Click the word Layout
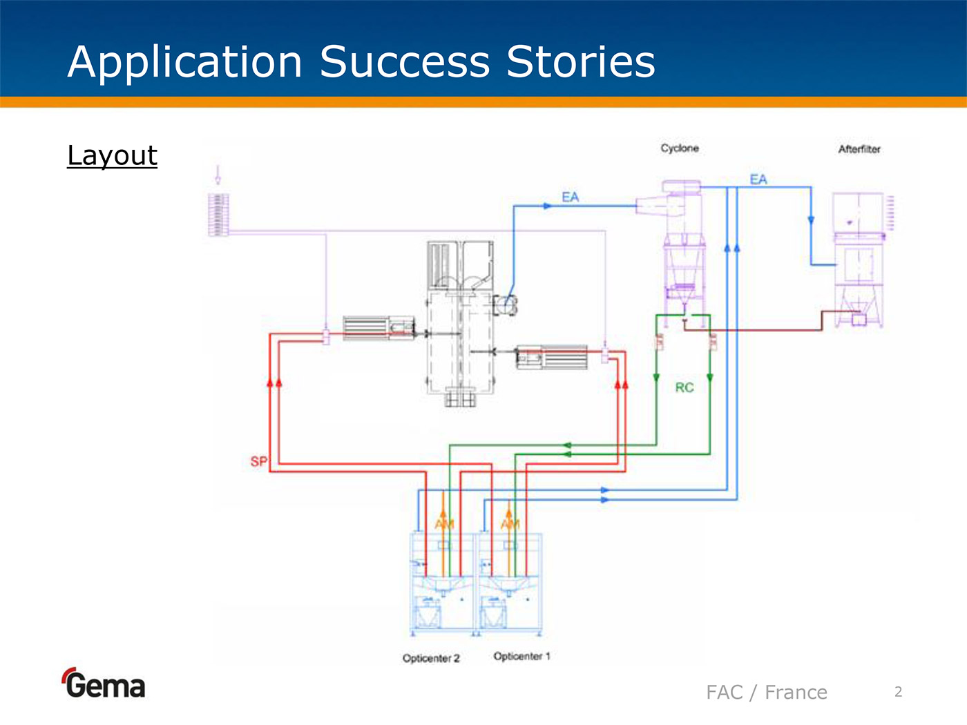click(112, 155)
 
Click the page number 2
click(898, 692)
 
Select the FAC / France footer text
click(766, 692)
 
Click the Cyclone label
click(680, 148)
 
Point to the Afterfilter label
click(859, 149)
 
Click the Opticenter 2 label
click(431, 658)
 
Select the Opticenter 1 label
click(521, 656)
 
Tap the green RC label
click(684, 387)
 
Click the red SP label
click(258, 461)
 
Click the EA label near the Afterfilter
click(758, 180)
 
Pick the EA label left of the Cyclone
click(570, 197)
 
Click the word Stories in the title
click(580, 62)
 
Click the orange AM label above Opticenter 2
click(444, 524)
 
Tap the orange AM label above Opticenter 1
click(510, 524)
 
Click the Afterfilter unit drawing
click(858, 262)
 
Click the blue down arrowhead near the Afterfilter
click(811, 220)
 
